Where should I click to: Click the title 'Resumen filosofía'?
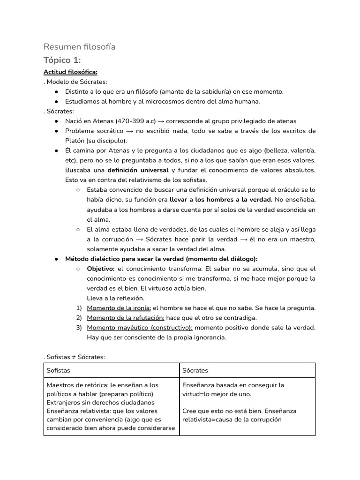(79, 47)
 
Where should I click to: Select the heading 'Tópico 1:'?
(62, 60)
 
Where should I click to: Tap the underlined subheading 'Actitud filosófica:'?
(70, 72)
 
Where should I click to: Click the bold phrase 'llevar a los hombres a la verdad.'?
(221, 199)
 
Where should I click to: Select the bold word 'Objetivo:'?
(101, 269)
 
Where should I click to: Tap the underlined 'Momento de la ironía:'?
(119, 308)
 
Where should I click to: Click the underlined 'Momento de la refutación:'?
(126, 317)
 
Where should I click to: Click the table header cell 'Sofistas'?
(58, 370)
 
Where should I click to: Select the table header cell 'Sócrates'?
(195, 370)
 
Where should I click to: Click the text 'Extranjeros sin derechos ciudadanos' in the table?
(100, 402)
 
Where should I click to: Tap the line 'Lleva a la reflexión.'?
(116, 298)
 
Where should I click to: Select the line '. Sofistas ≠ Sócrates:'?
(74, 357)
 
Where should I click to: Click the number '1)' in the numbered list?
(79, 308)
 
